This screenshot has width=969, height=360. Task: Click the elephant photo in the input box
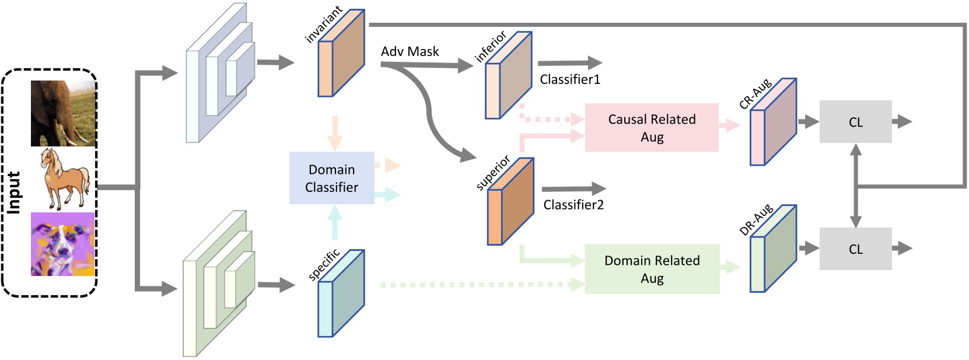click(63, 113)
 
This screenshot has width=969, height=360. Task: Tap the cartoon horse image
click(64, 179)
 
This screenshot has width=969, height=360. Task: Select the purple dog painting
click(62, 244)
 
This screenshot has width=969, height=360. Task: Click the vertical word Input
click(14, 193)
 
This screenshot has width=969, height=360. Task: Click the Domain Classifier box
click(331, 178)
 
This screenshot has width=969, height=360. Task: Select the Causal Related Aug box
click(652, 128)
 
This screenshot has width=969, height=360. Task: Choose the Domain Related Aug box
click(652, 269)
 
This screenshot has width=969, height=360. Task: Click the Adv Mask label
click(410, 51)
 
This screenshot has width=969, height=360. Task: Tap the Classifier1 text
click(569, 79)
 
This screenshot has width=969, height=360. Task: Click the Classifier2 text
click(573, 205)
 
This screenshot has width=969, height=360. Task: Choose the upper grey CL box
click(855, 122)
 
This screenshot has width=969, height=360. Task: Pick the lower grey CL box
click(855, 249)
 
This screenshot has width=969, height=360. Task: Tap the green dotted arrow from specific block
click(478, 285)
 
